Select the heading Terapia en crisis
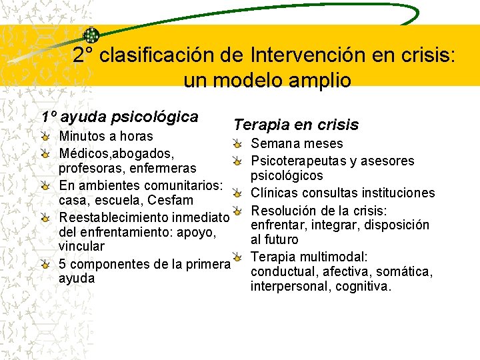295,125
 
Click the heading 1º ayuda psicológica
120,117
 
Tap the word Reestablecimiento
113,217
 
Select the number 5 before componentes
63,263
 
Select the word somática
409,272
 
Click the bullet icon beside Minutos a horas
45,137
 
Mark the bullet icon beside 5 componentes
45,263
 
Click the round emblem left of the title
91,35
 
